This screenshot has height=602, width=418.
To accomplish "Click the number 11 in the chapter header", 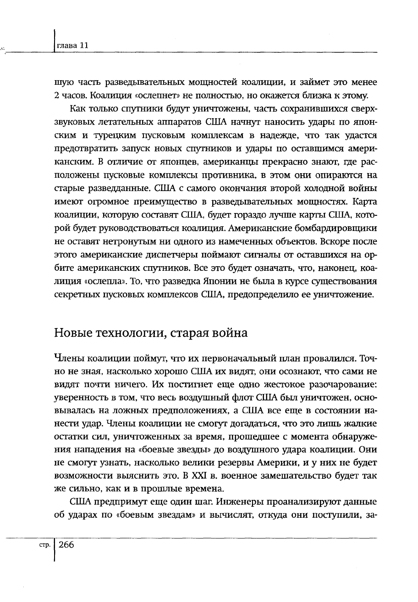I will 83,46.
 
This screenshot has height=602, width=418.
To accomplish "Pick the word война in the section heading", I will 228,333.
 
